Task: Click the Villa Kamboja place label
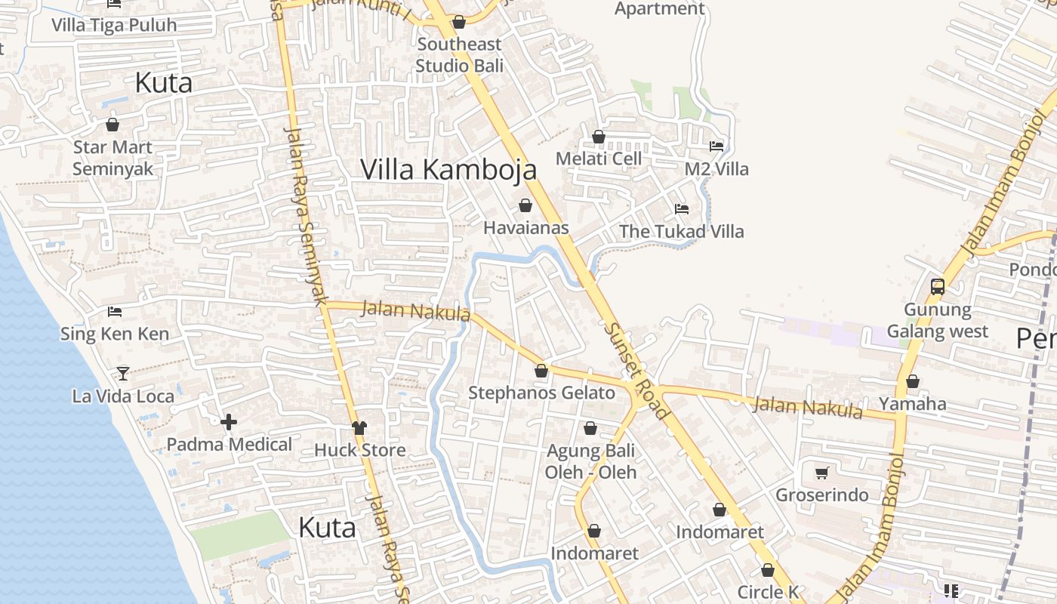(x=448, y=169)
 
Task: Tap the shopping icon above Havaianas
(x=525, y=205)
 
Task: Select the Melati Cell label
(x=598, y=159)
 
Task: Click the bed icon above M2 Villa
(x=716, y=146)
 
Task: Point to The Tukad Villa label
(x=681, y=231)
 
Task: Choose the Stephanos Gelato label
(x=541, y=393)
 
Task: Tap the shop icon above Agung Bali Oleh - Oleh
(x=590, y=429)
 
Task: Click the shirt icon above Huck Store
(x=359, y=428)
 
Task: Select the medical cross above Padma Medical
(x=229, y=422)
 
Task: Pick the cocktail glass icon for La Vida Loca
(x=123, y=373)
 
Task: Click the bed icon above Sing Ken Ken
(x=115, y=311)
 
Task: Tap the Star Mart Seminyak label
(x=112, y=158)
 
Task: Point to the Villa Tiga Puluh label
(x=114, y=25)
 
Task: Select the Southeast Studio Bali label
(x=459, y=54)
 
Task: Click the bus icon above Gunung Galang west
(x=938, y=287)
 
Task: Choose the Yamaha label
(x=912, y=404)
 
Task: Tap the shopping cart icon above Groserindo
(x=822, y=473)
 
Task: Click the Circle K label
(x=768, y=592)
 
